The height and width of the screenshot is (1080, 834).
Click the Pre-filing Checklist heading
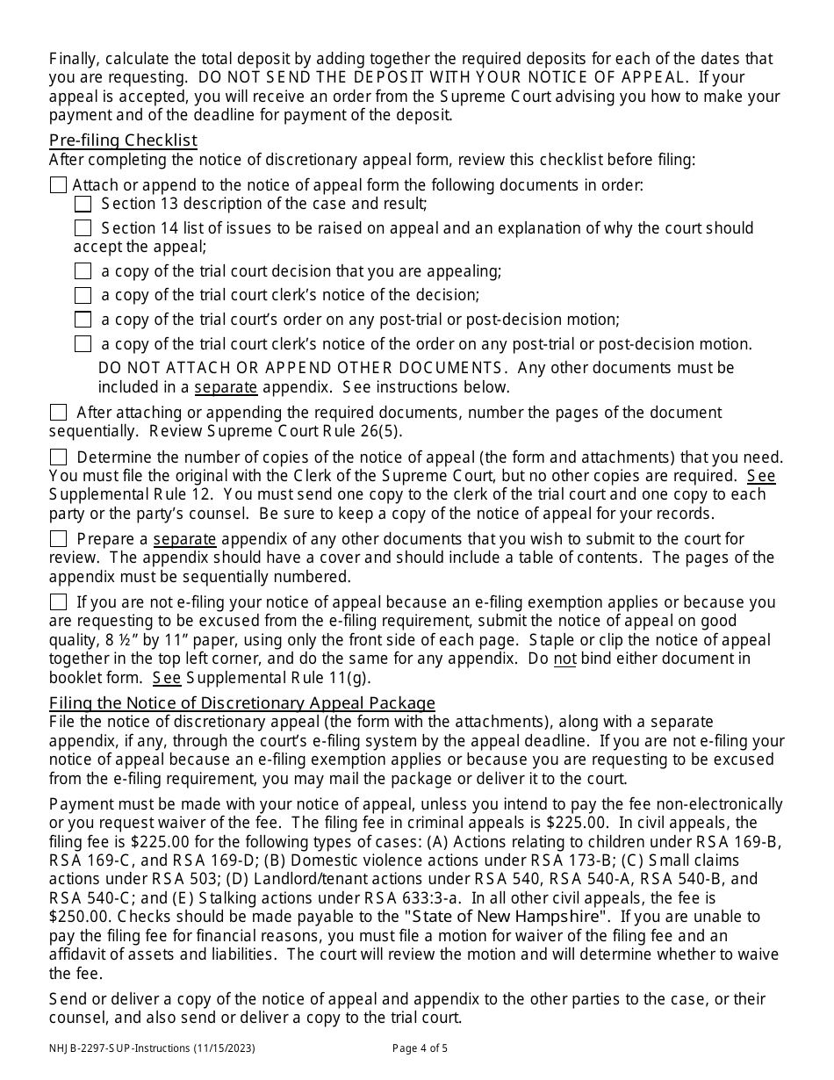pyautogui.click(x=123, y=140)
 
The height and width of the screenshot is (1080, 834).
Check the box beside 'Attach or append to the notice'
pyautogui.click(x=58, y=185)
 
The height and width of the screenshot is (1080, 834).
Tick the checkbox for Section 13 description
pyautogui.click(x=83, y=204)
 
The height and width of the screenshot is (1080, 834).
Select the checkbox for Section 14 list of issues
pyautogui.click(x=83, y=228)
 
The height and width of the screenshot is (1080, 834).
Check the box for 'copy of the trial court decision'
pyautogui.click(x=83, y=272)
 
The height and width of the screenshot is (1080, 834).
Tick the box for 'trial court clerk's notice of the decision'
pyautogui.click(x=83, y=296)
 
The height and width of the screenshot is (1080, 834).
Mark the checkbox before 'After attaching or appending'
pyautogui.click(x=58, y=413)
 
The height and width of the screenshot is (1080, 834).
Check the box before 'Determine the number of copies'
pyautogui.click(x=58, y=457)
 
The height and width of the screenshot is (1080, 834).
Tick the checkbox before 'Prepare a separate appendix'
pyautogui.click(x=58, y=539)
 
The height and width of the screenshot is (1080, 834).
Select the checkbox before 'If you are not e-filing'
pyautogui.click(x=58, y=602)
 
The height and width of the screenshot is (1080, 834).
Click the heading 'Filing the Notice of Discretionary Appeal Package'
pyautogui.click(x=242, y=702)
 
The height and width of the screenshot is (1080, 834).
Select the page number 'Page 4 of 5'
pyautogui.click(x=421, y=1048)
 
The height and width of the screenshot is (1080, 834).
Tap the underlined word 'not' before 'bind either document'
pyautogui.click(x=564, y=659)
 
